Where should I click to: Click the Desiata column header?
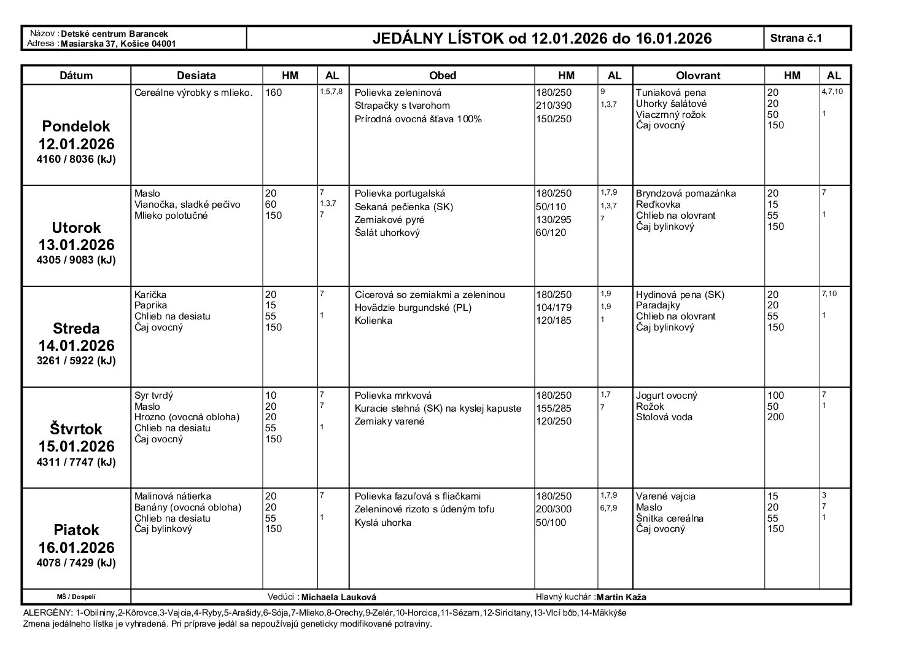(196, 76)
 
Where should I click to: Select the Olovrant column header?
(698, 76)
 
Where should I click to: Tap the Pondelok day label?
(76, 127)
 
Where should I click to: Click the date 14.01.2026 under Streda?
(76, 345)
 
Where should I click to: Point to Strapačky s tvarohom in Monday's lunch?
(402, 106)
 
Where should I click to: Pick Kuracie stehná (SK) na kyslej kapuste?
(438, 409)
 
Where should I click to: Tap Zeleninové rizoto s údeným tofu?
(424, 509)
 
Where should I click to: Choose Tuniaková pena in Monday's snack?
(670, 93)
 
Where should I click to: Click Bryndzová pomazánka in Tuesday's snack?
(686, 194)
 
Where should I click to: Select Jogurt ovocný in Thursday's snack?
(666, 396)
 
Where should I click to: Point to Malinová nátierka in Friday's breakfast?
(173, 496)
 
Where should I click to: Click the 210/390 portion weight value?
(553, 106)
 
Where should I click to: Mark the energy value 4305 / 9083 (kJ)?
(76, 260)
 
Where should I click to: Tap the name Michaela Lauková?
(339, 597)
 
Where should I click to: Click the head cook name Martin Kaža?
(621, 597)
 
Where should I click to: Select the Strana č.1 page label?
(796, 38)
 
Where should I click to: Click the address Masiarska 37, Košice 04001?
(118, 44)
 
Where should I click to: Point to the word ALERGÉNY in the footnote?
(47, 613)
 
